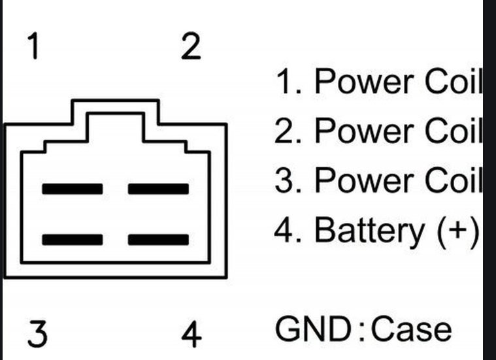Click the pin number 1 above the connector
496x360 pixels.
pos(33,46)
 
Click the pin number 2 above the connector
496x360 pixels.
pos(191,46)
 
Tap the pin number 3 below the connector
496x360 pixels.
pos(38,334)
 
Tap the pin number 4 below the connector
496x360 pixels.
pos(191,334)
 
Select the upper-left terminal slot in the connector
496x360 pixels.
pos(73,189)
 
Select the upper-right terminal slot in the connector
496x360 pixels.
pos(159,189)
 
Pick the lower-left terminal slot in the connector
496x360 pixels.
pos(73,240)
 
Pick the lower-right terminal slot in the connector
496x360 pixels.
pos(159,240)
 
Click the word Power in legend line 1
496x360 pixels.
pos(365,81)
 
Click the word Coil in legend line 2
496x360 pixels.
pos(454,130)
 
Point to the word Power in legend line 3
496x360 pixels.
pos(365,180)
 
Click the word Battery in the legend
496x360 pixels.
pos(369,230)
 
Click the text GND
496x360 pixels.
pos(313,329)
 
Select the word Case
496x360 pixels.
pos(411,329)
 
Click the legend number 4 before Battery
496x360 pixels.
pos(285,230)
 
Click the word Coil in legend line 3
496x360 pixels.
pos(454,180)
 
